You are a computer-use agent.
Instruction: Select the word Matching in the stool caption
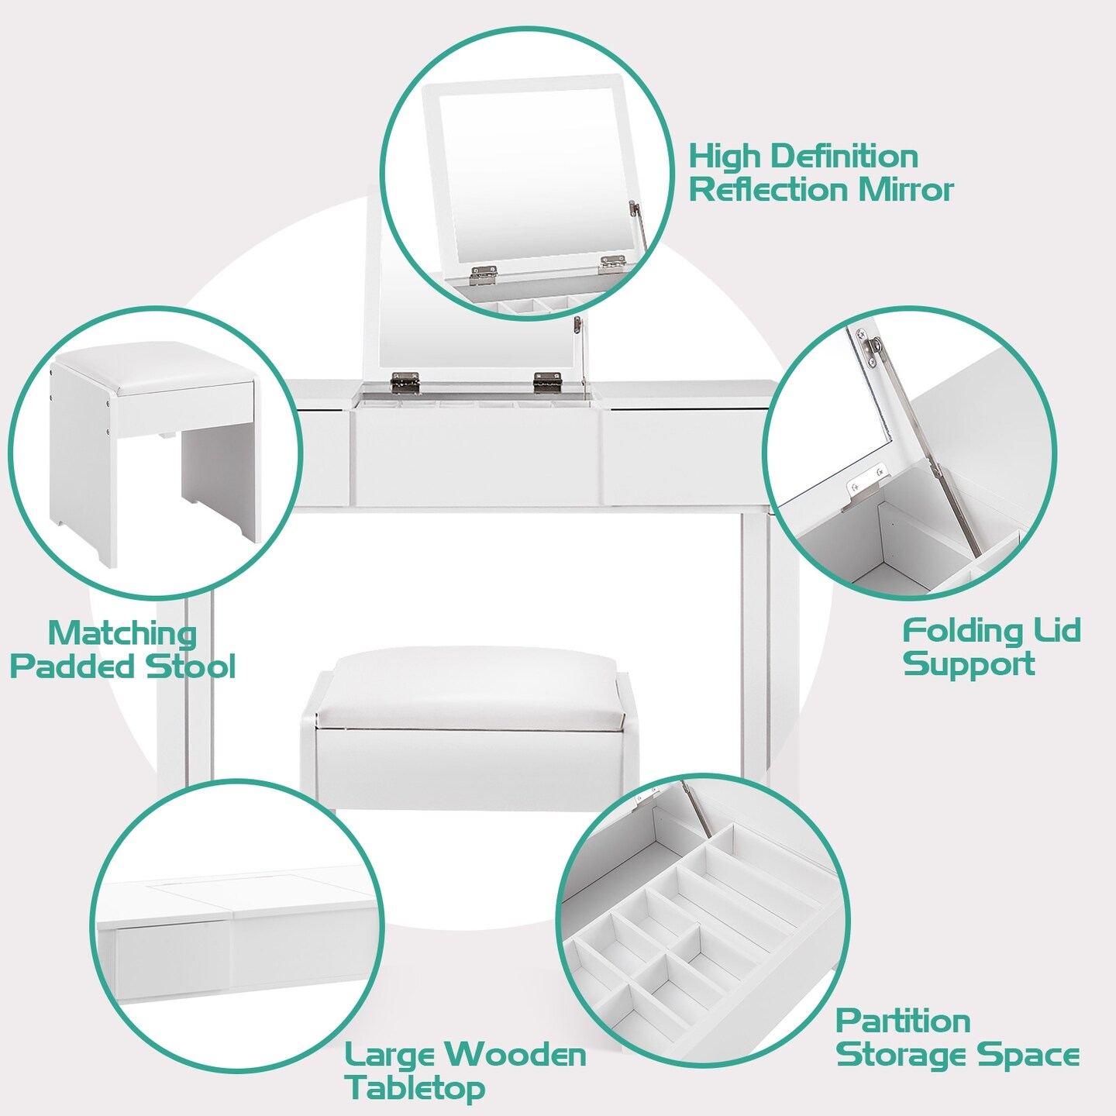(122, 633)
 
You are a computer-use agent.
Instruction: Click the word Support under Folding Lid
(969, 664)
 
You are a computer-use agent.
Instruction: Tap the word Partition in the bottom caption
(903, 1021)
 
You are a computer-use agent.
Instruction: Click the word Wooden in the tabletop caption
(517, 1055)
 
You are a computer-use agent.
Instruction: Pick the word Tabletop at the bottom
(415, 1088)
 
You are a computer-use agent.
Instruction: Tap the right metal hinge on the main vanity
(547, 380)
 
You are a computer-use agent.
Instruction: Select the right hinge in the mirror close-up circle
(613, 263)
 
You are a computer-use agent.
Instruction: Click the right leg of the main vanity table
(756, 651)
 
